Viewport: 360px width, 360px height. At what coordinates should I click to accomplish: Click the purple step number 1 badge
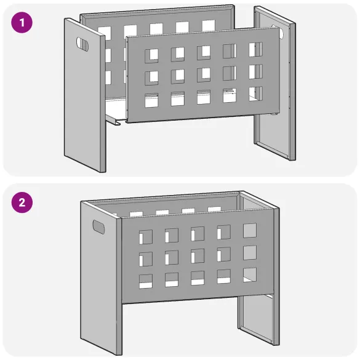click(23, 23)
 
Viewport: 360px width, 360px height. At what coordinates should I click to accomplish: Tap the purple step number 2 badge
click(23, 202)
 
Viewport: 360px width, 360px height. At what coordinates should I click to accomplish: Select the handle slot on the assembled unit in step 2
click(98, 226)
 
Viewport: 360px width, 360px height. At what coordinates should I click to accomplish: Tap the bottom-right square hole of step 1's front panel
click(255, 94)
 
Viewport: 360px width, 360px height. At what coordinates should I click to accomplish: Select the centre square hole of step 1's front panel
click(203, 74)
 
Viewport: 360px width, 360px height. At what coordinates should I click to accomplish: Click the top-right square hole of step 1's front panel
click(255, 49)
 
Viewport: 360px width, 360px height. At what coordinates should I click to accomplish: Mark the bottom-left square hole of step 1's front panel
click(151, 100)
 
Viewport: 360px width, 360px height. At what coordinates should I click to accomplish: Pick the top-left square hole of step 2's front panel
click(146, 236)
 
